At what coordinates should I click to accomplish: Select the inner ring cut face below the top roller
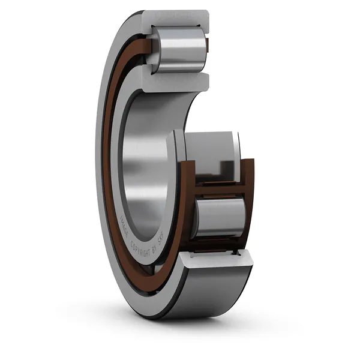click(x=174, y=79)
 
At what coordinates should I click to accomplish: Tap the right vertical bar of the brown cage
click(x=249, y=198)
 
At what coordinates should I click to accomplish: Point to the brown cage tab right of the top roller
click(x=207, y=45)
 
